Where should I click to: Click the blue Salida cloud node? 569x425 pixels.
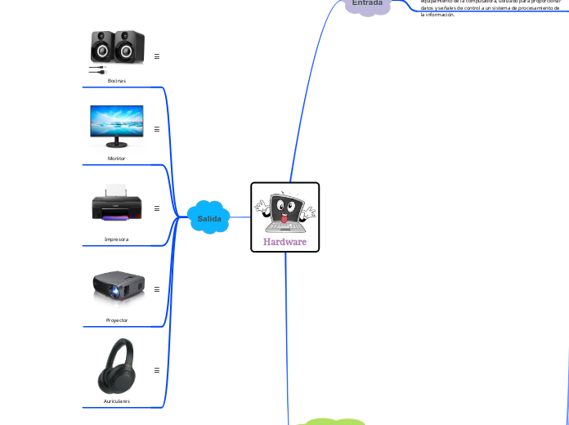pos(209,218)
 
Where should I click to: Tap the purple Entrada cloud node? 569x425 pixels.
pos(367,4)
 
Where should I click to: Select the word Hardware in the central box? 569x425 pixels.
pos(284,242)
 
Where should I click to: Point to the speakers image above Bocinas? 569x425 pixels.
pos(117,49)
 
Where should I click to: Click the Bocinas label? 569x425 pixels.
pos(117,80)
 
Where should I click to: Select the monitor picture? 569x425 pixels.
pos(117,127)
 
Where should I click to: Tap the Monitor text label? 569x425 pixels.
pos(117,158)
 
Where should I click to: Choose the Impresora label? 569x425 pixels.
pos(117,239)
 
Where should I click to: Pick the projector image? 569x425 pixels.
pos(117,287)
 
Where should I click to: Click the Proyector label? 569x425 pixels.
pos(117,320)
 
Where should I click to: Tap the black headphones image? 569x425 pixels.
pos(117,365)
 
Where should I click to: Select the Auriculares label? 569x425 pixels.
pos(117,401)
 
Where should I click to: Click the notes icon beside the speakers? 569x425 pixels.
pos(156,56)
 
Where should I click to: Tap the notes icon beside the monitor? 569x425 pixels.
pos(156,128)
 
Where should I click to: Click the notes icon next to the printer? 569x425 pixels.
pos(156,208)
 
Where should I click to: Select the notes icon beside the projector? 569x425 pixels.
pos(156,289)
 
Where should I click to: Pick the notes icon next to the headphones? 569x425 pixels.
pos(156,369)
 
